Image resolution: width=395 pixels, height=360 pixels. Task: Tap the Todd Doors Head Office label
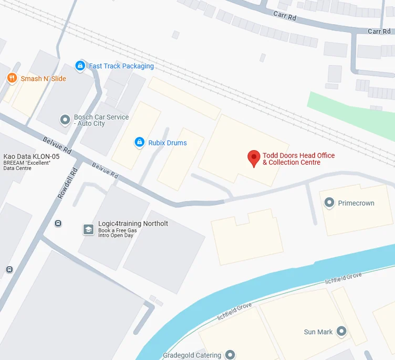point(298,159)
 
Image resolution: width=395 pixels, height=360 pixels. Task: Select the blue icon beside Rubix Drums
point(139,142)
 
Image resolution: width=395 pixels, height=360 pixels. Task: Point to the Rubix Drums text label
point(168,143)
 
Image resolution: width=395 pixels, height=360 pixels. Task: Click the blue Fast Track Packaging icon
point(80,66)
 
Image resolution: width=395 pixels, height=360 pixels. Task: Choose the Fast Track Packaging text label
point(121,66)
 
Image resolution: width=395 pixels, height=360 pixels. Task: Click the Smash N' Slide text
point(43,79)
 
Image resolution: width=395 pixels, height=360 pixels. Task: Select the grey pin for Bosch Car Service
point(65,120)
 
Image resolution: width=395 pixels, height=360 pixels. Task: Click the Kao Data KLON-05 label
point(31,156)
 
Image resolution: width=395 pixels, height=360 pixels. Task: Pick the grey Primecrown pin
point(329,203)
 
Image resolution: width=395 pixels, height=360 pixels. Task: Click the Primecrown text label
point(356,203)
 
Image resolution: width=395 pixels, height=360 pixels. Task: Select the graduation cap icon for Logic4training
point(88,229)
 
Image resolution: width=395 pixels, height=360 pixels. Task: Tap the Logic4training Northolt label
point(133,224)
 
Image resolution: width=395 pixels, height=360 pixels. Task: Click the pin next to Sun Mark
point(342,331)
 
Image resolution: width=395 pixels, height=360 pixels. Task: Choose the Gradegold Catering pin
point(230,355)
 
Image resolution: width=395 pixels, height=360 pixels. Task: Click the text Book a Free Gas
point(117,231)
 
